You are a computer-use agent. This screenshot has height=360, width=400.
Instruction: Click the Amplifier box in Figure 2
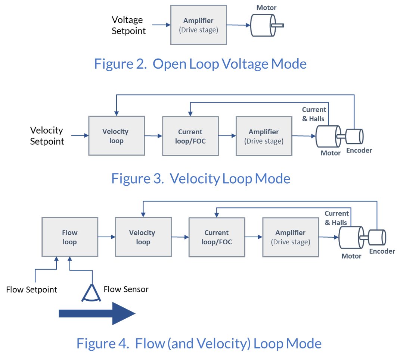pos(199,25)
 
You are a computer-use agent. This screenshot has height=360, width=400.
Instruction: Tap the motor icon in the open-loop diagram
pos(263,25)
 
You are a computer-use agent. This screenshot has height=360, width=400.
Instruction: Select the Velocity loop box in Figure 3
pos(116,136)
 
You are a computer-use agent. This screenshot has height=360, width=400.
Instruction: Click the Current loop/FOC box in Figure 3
pos(190,136)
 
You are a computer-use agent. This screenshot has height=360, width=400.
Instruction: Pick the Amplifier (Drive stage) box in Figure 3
pos(264,136)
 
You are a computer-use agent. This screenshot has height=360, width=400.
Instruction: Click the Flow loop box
pos(70,237)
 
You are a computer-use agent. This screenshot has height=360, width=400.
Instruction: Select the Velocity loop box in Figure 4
pos(143,237)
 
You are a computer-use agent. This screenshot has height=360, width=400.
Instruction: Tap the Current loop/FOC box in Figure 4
pos(217,237)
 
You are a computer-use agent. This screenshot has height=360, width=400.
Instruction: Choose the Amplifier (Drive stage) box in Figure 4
pos(291,237)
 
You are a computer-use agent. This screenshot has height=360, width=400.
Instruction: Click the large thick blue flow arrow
pos(97,313)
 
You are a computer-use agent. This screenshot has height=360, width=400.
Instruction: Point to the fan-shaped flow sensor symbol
pos(91,293)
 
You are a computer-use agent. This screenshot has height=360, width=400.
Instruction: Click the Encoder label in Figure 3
pos(359,151)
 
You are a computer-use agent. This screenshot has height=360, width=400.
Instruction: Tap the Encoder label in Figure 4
pos(382,251)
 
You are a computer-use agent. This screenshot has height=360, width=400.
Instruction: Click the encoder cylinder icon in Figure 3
pos(354,136)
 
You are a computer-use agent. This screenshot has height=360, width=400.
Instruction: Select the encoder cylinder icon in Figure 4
pos(377,237)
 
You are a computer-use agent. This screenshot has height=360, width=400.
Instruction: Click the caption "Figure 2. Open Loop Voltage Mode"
pos(200,64)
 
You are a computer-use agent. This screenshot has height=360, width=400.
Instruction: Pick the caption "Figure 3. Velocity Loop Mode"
pos(201,179)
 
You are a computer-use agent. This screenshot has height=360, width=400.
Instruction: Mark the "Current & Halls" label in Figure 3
pos(314,114)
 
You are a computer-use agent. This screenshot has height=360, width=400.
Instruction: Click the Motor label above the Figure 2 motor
pos(266,7)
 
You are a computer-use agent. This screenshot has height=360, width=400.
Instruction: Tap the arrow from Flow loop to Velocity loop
pos(106,237)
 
